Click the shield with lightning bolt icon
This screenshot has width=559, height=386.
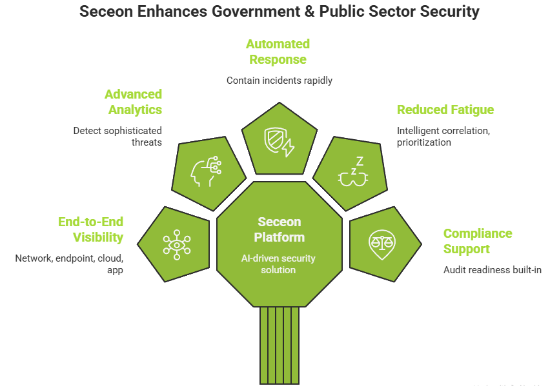[279, 142]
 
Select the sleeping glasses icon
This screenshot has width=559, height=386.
[351, 171]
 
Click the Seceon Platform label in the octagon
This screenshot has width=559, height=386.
[279, 229]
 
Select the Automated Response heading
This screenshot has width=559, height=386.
[278, 52]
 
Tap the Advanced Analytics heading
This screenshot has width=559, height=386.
[134, 102]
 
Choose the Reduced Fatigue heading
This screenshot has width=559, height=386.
[445, 110]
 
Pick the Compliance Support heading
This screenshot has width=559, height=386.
[478, 241]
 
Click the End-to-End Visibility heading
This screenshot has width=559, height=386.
[91, 229]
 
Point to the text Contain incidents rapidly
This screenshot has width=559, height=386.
[279, 81]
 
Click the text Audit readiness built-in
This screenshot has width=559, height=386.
[492, 270]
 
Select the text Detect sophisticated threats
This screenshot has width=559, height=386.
[117, 136]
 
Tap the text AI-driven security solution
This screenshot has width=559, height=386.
[279, 264]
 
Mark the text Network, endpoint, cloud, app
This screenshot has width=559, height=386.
[69, 264]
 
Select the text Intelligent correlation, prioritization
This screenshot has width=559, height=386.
[443, 136]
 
